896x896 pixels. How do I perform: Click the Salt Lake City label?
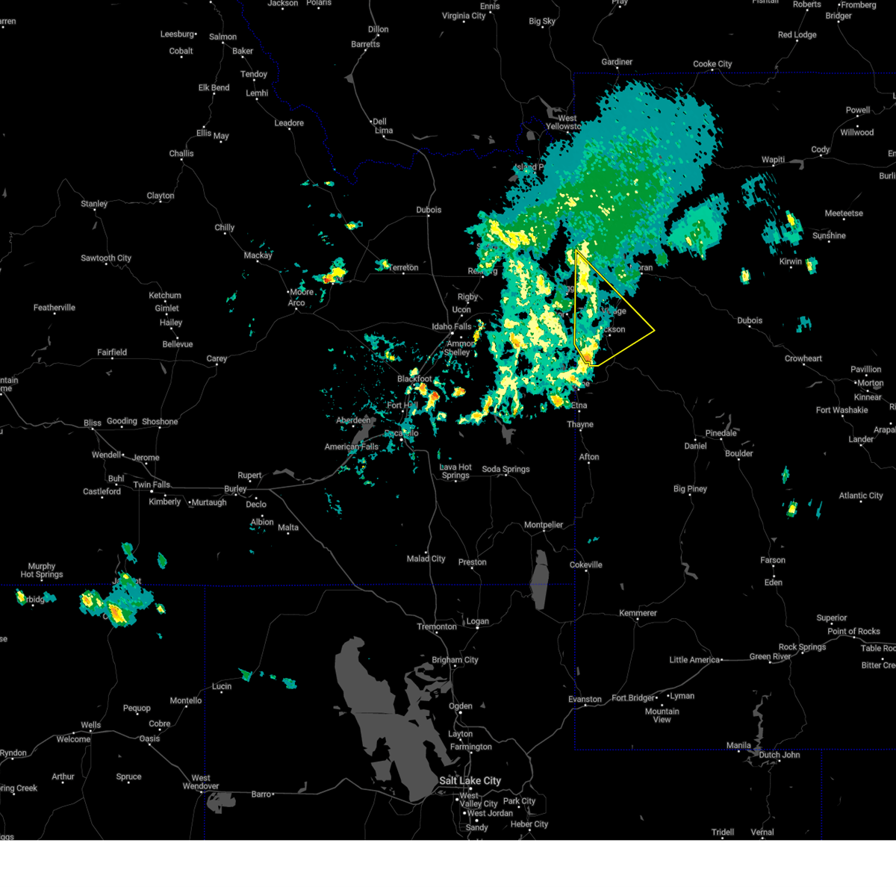click(470, 780)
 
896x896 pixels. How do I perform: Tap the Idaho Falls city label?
click(452, 326)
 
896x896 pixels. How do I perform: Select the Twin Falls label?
click(152, 485)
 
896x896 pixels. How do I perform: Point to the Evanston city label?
click(585, 700)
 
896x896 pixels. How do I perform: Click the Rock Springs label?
click(802, 647)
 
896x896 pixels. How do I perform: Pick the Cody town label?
click(821, 149)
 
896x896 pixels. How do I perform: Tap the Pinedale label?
click(721, 433)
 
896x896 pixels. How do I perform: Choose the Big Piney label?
click(690, 489)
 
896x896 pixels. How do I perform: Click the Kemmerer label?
click(638, 613)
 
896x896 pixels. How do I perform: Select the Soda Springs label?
click(505, 469)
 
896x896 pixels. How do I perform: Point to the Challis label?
click(181, 154)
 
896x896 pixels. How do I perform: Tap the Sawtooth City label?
click(106, 258)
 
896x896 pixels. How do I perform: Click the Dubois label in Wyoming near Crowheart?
click(750, 320)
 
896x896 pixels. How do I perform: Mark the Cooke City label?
click(712, 64)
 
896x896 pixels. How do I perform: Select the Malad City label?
click(426, 559)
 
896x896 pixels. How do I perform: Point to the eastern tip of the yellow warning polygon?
click(654, 330)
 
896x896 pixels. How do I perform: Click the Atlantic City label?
click(860, 496)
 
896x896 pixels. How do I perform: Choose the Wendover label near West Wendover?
click(200, 785)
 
